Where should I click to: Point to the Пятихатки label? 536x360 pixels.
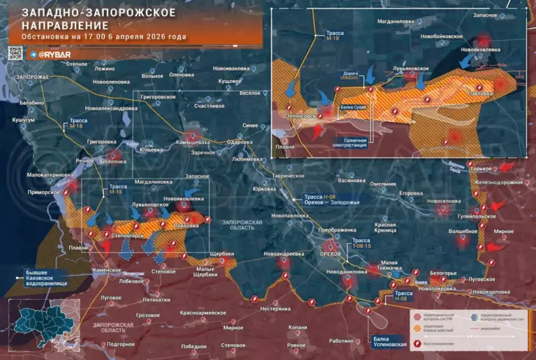click(156, 299)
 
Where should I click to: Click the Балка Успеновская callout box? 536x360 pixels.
click(385, 341)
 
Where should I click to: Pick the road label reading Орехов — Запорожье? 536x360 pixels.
click(331, 202)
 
